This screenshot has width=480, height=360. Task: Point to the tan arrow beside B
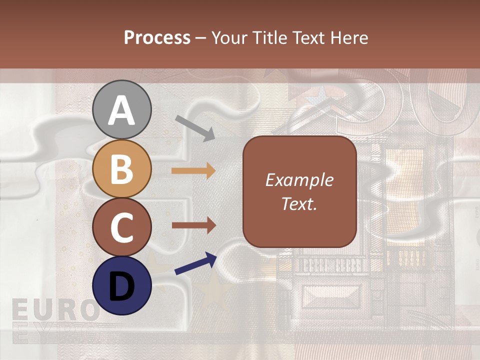coord(193,171)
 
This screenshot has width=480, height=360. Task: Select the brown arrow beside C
coord(193,226)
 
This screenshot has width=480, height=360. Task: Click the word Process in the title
coord(157,37)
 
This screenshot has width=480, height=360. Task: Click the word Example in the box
coord(299,180)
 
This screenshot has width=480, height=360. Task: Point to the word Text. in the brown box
coord(299,203)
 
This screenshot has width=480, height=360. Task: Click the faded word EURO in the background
coord(55,310)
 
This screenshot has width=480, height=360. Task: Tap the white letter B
coord(121,169)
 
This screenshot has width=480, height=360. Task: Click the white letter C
coord(121,227)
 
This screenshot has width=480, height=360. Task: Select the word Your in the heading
coord(230,37)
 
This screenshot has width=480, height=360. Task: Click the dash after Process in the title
coord(201,38)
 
